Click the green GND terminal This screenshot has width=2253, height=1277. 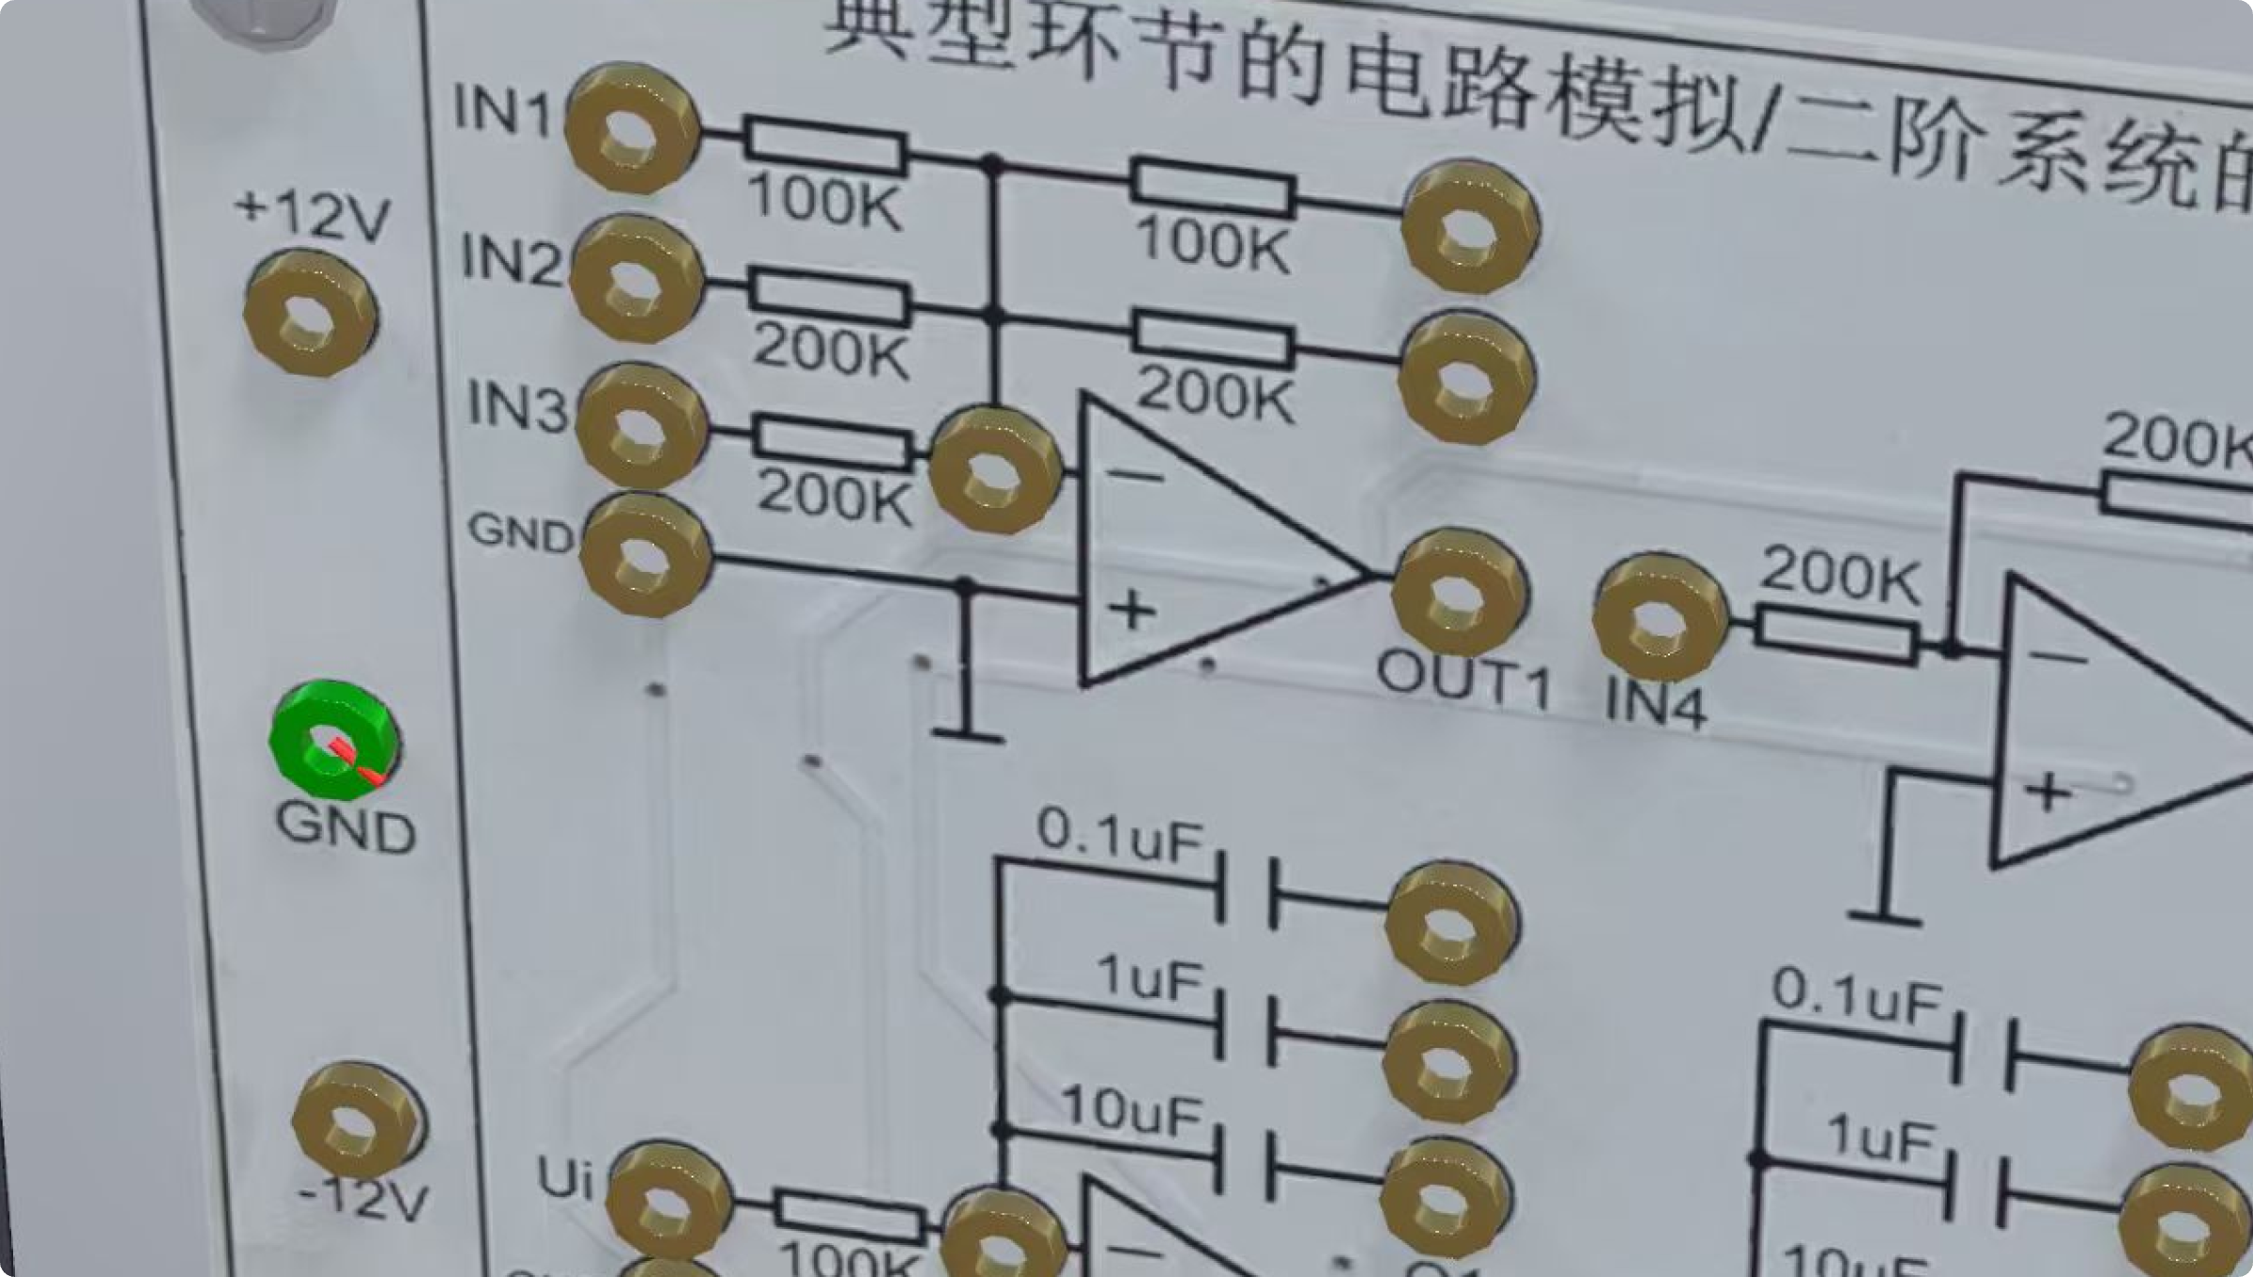pos(332,742)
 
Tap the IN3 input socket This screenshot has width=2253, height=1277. pos(642,428)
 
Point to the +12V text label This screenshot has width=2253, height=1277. pos(312,218)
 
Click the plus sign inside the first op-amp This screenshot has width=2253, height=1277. pos(1132,610)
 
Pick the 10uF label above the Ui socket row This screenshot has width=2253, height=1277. pos(1131,1111)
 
